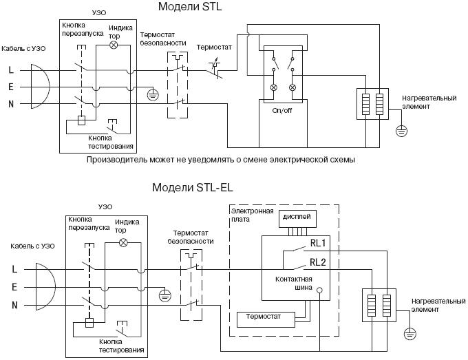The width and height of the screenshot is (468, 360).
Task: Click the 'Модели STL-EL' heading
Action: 193,188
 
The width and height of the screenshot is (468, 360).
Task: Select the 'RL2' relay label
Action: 318,261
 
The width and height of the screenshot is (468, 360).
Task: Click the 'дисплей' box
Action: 297,218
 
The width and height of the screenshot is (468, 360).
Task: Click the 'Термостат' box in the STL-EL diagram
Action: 265,319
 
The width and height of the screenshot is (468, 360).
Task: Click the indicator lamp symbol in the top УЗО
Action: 115,45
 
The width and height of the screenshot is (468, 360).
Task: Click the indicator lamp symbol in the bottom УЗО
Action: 124,243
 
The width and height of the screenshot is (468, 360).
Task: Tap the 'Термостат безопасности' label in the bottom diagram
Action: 191,237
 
